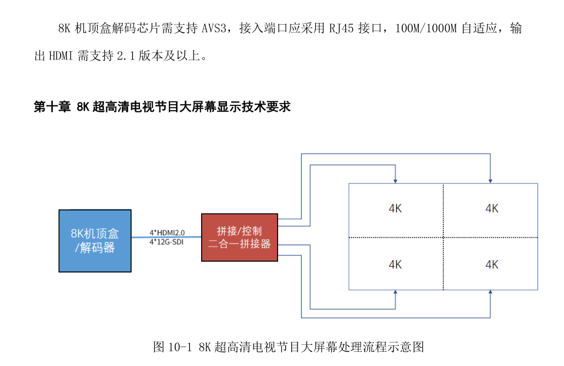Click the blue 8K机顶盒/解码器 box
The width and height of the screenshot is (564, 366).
pos(95,241)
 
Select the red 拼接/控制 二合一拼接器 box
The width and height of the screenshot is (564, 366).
pos(239,238)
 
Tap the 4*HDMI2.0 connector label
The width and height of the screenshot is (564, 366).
pos(167,233)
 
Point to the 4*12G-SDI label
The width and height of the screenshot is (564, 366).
pos(166,242)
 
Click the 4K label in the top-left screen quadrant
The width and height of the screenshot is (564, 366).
pos(395,208)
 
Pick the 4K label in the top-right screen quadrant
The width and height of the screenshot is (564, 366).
pos(492,208)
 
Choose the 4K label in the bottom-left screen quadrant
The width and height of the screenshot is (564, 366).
pos(395,265)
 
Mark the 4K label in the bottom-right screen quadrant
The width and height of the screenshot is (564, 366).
pos(492,265)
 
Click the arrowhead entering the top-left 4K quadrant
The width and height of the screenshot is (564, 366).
pos(395,181)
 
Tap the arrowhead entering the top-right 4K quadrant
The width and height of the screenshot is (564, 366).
pos(490,181)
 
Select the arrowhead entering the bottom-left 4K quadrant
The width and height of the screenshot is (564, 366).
pos(395,292)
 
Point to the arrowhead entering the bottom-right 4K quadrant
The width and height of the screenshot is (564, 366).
pos(490,292)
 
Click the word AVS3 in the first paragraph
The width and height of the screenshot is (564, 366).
pos(214,28)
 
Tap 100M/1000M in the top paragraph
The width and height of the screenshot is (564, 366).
pos(426,28)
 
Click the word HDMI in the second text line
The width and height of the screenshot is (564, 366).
pos(61,56)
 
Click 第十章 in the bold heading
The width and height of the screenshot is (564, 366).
pos(52,107)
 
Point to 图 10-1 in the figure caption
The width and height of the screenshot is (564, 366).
pos(172,347)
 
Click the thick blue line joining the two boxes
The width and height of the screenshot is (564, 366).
pos(166,237)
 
